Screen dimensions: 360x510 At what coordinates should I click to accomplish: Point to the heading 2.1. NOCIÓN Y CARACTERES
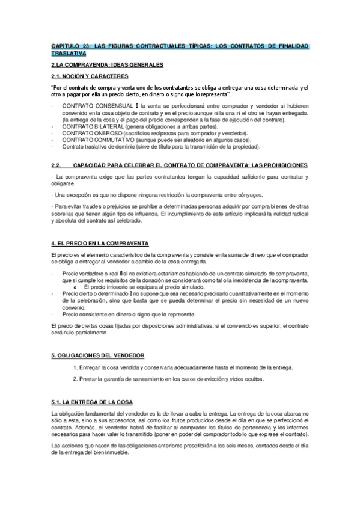(90, 76)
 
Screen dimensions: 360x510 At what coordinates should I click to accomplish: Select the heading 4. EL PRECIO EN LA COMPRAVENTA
(100, 243)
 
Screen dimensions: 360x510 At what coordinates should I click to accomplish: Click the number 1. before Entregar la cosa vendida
(74, 367)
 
